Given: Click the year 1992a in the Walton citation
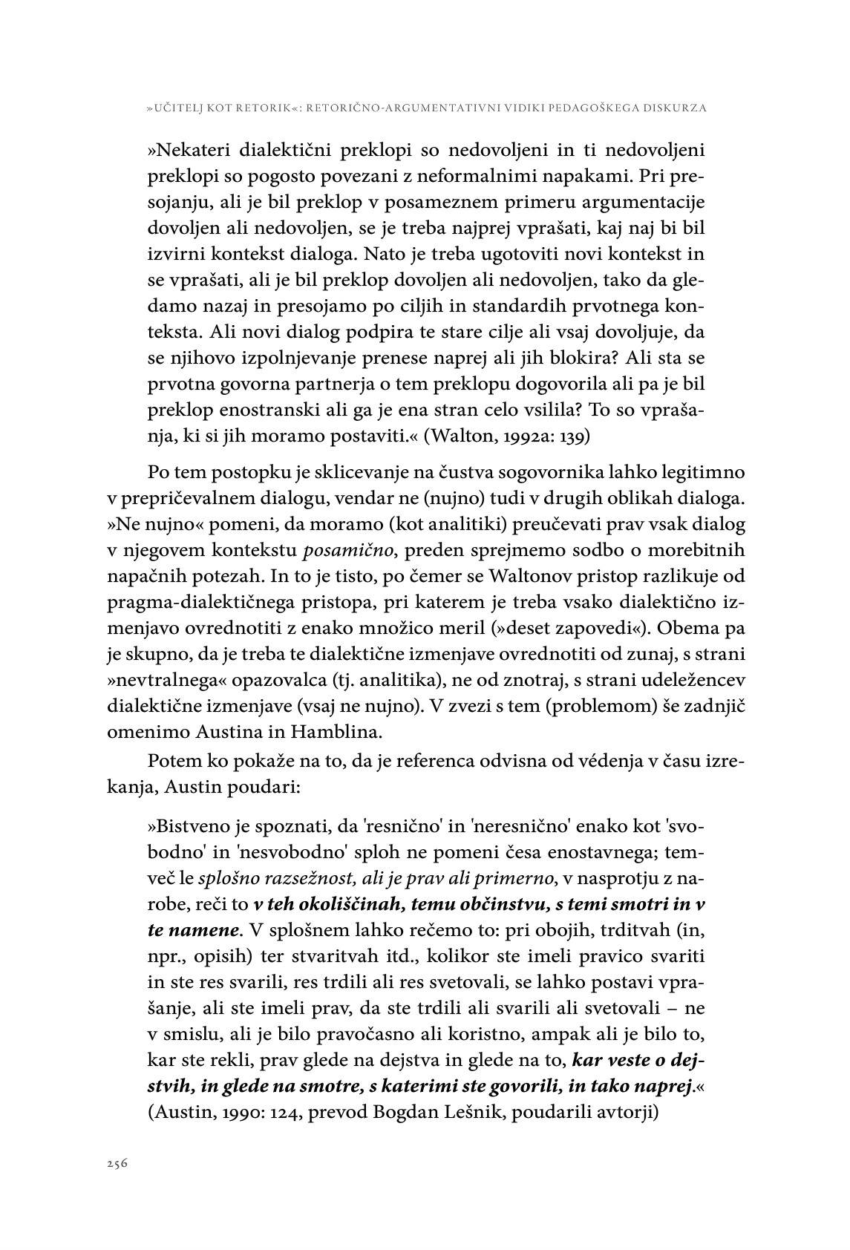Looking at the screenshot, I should point(509,436).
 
